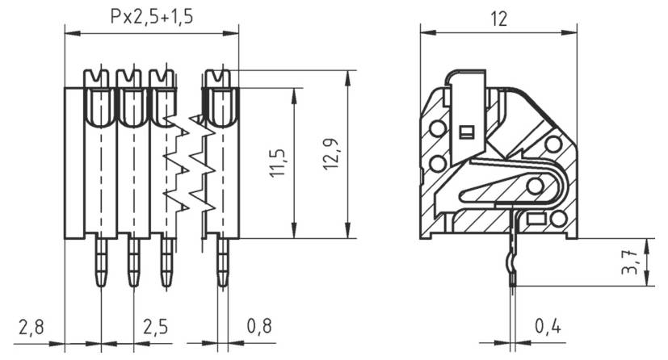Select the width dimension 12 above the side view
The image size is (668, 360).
498,17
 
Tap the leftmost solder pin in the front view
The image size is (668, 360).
101,262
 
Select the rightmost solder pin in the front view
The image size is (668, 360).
222,262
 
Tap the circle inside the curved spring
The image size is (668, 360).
534,186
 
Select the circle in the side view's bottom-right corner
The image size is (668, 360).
558,219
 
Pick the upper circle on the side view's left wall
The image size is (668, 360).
438,128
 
